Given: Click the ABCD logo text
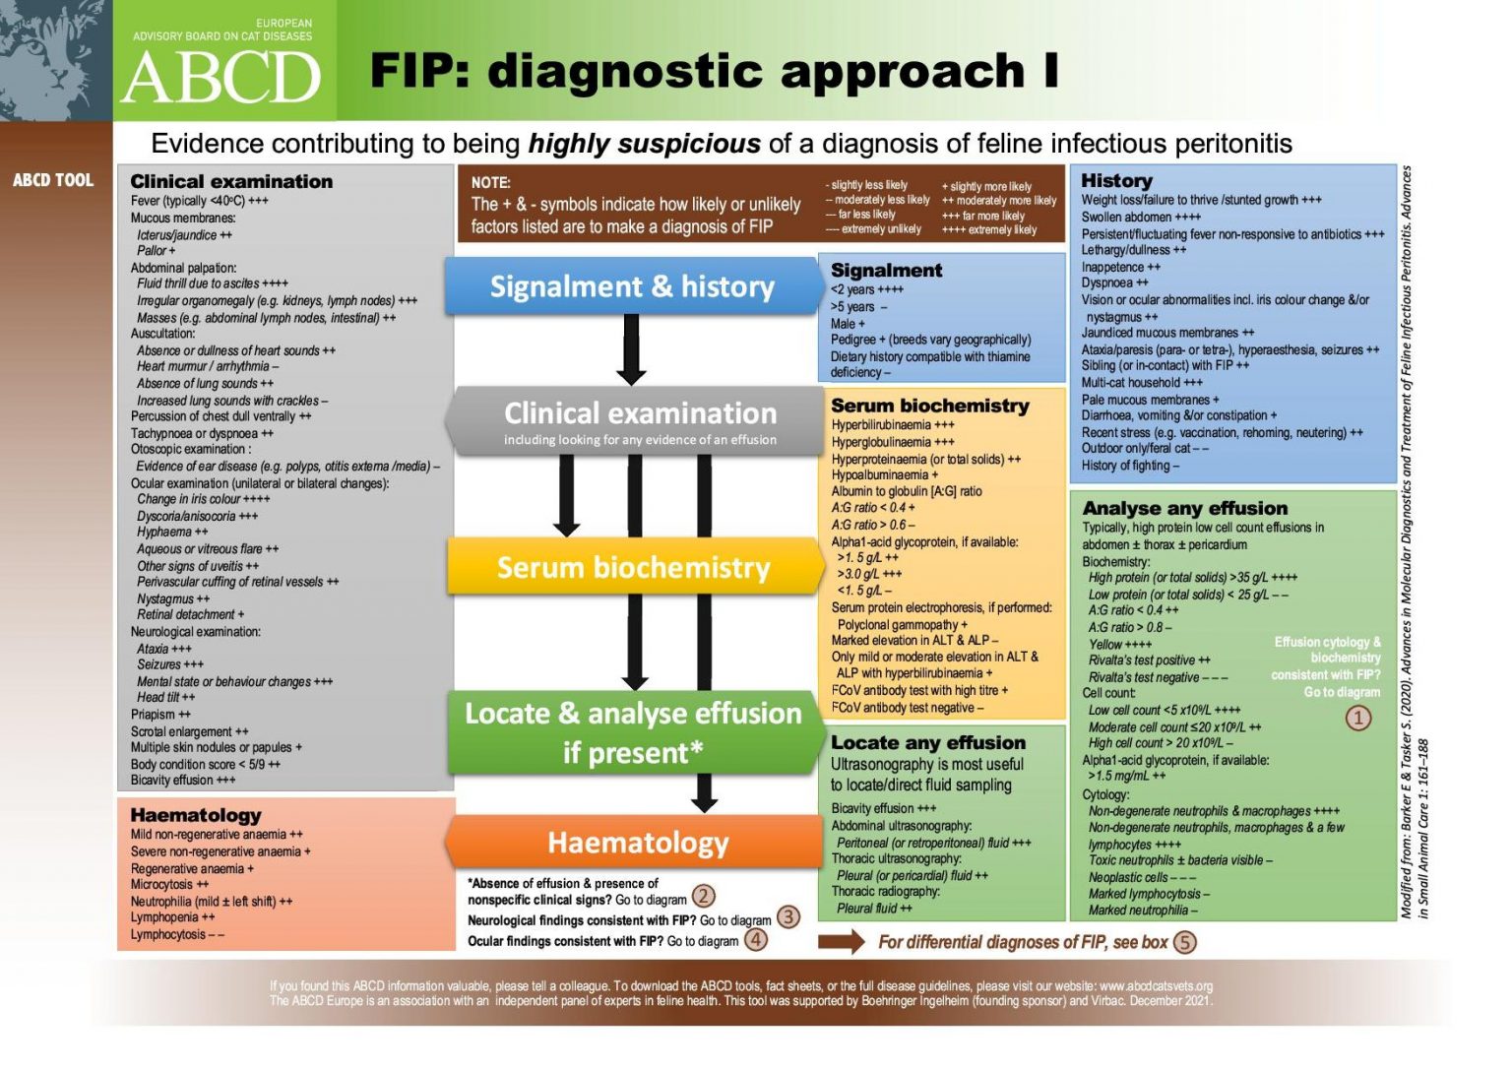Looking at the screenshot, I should [221, 78].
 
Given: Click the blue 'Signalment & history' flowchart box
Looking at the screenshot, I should [633, 286].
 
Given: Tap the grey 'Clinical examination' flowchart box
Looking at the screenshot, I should [640, 420].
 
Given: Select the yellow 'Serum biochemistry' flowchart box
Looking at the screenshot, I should [634, 568].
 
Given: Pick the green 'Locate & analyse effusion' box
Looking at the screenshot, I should [633, 732].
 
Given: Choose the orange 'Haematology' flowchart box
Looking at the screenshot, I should [638, 843].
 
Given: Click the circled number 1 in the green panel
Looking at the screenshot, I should [1357, 718].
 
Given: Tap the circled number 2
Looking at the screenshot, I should [703, 897].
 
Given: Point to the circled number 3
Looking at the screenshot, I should [788, 917].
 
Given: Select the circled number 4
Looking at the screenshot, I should [755, 939].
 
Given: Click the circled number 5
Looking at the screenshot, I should [1184, 942].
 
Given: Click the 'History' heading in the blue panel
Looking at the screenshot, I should [1116, 180].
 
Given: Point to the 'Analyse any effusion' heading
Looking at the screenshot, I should [1184, 508].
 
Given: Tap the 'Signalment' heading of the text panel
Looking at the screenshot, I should [886, 270].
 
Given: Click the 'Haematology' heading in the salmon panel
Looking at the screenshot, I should [196, 815].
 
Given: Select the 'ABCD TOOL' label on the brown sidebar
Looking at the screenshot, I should [53, 180].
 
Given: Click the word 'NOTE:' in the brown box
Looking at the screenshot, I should [490, 182].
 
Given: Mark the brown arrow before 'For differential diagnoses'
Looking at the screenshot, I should [842, 942].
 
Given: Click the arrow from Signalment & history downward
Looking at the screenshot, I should [631, 350].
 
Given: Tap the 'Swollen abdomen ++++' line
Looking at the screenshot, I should [1141, 218].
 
